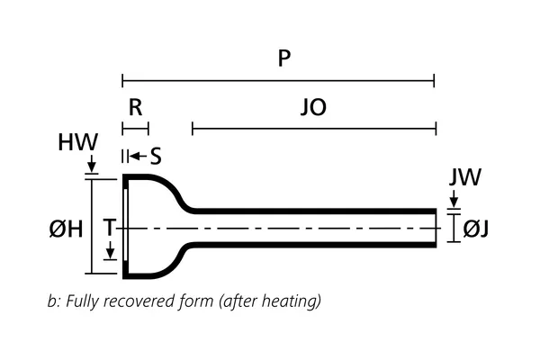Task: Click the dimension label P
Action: [x=284, y=58]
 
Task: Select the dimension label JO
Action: [x=313, y=109]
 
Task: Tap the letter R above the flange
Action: [x=135, y=108]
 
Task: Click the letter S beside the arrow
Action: [x=155, y=157]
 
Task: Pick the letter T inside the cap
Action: [x=108, y=229]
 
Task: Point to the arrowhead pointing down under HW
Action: [x=92, y=167]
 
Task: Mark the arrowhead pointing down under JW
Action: [x=454, y=202]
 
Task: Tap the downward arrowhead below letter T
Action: [x=110, y=256]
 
